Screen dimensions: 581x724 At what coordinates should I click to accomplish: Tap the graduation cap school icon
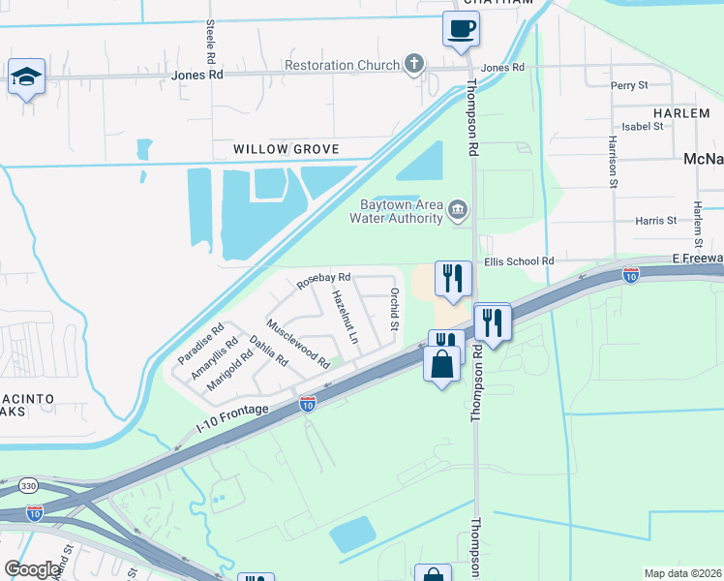coord(26,77)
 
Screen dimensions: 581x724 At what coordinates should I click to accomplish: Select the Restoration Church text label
coord(342,65)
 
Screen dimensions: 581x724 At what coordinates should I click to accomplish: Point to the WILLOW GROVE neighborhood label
coord(286,149)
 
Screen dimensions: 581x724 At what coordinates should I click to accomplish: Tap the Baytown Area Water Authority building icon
coord(459,208)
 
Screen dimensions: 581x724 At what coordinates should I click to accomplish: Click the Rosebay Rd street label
coord(323,280)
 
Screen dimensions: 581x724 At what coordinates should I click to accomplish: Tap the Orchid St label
coord(394,308)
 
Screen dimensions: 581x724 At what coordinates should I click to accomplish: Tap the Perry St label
coord(629,85)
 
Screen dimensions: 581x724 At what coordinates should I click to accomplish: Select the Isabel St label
coord(642,126)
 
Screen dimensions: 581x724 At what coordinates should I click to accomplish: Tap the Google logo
coord(33,569)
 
